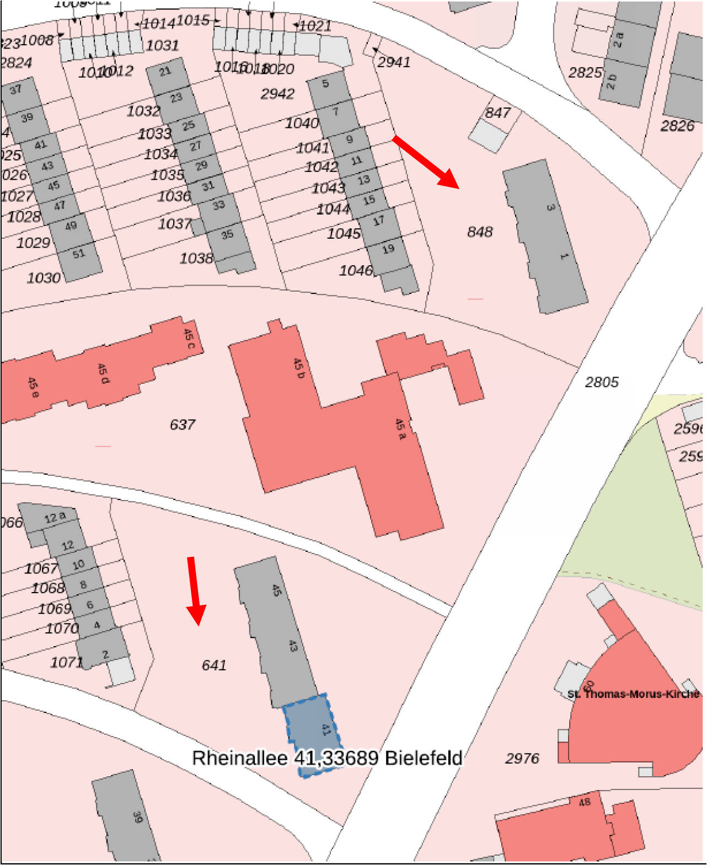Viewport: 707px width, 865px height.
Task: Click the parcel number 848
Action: (x=479, y=232)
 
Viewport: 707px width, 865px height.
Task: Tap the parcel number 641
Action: (x=213, y=665)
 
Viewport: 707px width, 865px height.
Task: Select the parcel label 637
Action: (x=182, y=425)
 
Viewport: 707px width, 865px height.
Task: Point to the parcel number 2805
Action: (x=601, y=382)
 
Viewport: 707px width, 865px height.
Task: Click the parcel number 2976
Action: (x=522, y=758)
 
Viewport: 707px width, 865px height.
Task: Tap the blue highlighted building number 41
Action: (x=325, y=729)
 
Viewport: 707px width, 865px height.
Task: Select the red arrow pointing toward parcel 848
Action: (x=426, y=162)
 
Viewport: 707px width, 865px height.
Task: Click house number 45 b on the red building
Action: (x=298, y=368)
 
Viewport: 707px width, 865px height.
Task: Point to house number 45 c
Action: (x=189, y=338)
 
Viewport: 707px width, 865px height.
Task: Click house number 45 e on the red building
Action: (x=33, y=387)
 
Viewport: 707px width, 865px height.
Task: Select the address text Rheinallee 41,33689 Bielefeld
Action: (x=326, y=757)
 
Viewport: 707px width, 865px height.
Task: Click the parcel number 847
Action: (x=497, y=112)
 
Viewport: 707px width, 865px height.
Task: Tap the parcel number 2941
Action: (x=393, y=62)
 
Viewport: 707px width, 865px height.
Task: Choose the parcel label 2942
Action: (x=277, y=94)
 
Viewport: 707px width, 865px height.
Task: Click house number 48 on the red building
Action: (x=585, y=802)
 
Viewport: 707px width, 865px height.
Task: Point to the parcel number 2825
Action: (x=585, y=72)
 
